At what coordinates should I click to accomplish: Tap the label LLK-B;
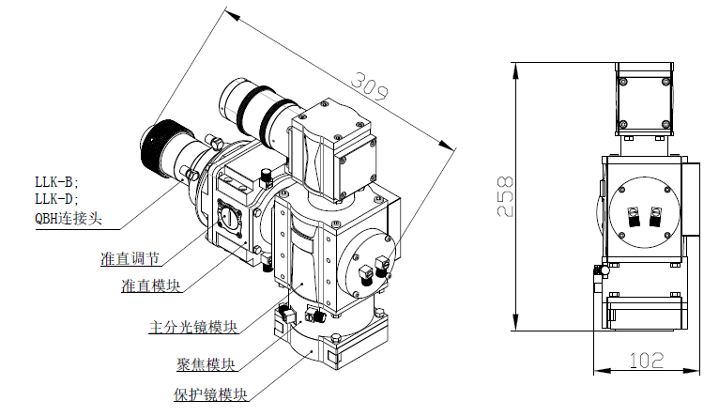pos(57,180)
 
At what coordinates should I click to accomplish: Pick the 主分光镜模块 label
pos(193,327)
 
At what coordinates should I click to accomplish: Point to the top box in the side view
pos(645,100)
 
